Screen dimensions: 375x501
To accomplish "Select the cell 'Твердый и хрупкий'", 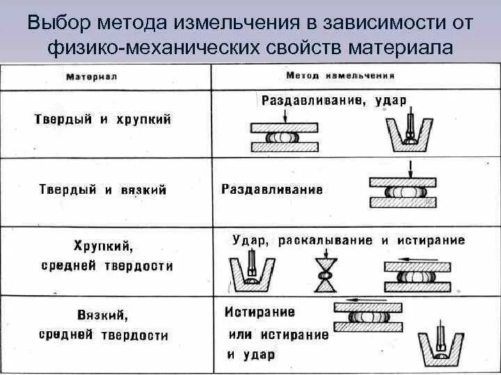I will pos(103,119).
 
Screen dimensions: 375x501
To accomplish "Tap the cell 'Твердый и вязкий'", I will pos(103,189).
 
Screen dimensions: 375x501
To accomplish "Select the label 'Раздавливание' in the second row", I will pos(272,189).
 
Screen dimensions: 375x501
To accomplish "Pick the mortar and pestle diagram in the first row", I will pos(411,132).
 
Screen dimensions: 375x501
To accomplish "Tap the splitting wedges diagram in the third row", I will pos(324,273).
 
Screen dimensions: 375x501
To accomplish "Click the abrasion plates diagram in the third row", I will pos(416,274).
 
